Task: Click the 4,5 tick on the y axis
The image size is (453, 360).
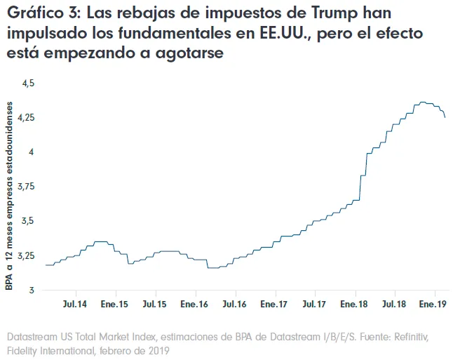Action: [x=28, y=83]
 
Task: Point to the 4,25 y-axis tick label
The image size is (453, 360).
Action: [x=25, y=117]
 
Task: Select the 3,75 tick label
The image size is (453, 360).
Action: [x=25, y=186]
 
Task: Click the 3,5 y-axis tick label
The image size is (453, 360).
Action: [x=28, y=220]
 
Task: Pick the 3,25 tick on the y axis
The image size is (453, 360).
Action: [x=25, y=255]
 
